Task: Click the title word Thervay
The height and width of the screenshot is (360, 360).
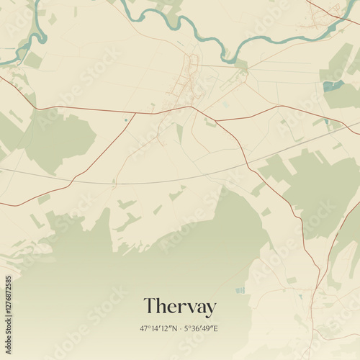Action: [179, 307]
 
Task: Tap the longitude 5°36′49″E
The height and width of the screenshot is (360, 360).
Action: [202, 328]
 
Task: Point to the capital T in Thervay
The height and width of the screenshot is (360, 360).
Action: [150, 307]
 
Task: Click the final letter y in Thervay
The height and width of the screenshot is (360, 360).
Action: [210, 309]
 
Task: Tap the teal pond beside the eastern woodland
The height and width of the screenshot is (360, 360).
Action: [332, 86]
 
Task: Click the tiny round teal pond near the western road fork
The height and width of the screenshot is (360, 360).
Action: [125, 120]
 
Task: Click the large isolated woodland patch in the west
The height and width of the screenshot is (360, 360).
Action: [61, 137]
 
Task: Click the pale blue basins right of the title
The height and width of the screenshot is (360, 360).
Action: [240, 290]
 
